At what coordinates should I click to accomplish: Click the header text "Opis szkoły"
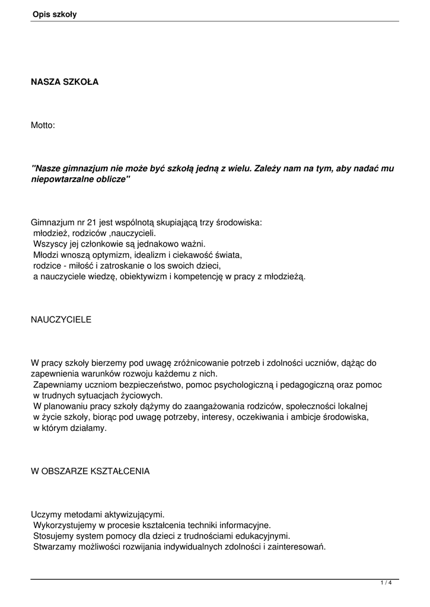(x=55, y=14)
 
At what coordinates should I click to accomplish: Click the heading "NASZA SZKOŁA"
(x=65, y=82)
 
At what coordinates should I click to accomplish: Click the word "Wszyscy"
(x=48, y=244)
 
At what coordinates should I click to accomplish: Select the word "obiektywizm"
(x=136, y=277)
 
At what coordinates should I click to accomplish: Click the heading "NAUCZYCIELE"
(x=61, y=320)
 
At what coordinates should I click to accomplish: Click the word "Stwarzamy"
(x=53, y=547)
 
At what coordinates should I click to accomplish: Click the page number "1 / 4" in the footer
(x=386, y=583)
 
